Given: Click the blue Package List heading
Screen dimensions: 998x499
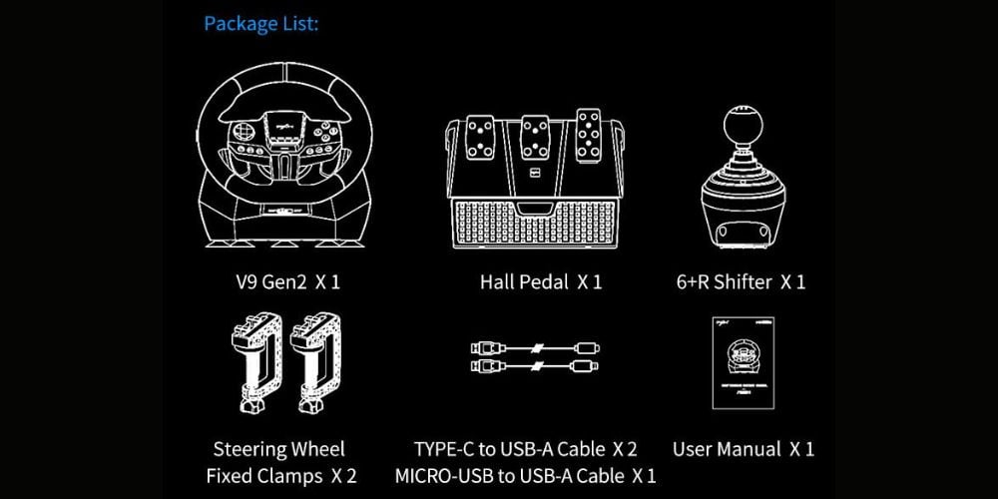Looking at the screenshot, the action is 260,24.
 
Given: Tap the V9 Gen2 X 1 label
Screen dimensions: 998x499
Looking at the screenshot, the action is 287,282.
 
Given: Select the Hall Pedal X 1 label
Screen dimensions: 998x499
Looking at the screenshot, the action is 541,282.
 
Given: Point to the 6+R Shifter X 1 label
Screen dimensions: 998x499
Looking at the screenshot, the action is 741,282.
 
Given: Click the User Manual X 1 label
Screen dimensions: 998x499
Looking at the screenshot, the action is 744,449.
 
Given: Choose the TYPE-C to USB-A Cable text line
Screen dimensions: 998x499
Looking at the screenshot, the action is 525,449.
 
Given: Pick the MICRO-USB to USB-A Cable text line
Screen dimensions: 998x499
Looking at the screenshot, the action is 525,475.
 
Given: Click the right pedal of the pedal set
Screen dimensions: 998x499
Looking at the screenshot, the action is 589,134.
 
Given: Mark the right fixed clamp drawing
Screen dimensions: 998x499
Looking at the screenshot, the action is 315,363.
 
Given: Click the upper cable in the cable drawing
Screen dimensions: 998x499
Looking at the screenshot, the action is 535,348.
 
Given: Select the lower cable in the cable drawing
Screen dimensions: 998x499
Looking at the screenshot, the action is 535,366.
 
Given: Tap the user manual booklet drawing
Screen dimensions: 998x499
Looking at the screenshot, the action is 745,363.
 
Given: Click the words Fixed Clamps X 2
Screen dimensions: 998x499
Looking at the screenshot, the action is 281,475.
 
